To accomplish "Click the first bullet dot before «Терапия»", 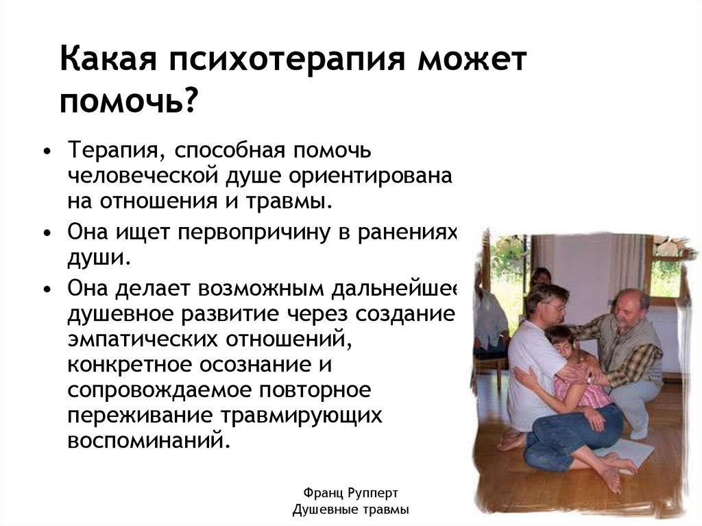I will point(46,151).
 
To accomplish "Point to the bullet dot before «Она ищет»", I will point(46,234).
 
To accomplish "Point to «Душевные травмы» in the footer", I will point(350,510).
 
